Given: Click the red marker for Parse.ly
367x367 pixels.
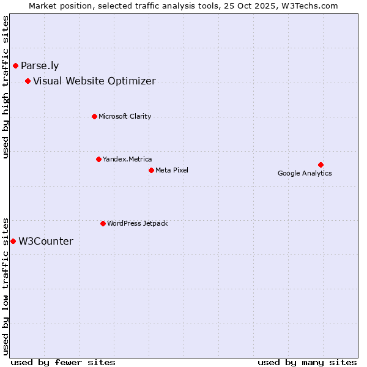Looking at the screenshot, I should click(x=15, y=65).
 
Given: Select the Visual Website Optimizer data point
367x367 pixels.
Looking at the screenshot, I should click(x=28, y=81).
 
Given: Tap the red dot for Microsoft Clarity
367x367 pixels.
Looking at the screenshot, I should click(x=94, y=116).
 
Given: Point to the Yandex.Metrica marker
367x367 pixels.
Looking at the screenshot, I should click(x=98, y=159).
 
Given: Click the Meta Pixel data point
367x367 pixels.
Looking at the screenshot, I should click(x=151, y=170).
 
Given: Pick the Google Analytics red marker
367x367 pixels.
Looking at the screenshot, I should click(x=321, y=165).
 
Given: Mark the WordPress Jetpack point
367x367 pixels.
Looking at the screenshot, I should click(x=103, y=223).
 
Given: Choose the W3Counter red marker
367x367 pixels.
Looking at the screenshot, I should click(x=13, y=241).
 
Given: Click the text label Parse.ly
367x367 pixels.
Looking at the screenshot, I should click(x=40, y=66).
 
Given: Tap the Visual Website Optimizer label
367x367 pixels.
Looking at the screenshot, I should click(x=94, y=81).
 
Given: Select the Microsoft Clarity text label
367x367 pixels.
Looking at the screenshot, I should click(x=125, y=117).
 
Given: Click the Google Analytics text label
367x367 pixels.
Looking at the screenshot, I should click(x=305, y=174).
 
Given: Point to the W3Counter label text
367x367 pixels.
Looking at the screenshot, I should click(x=46, y=242).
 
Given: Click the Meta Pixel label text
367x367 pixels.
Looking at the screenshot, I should click(x=172, y=170).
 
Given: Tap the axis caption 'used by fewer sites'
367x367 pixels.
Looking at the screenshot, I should click(x=63, y=362).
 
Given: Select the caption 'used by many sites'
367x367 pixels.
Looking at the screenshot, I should click(x=307, y=362).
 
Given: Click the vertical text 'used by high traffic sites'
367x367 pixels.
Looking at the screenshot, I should click(x=6, y=87).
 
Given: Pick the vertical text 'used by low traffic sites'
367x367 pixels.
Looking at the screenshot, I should click(x=6, y=286).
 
